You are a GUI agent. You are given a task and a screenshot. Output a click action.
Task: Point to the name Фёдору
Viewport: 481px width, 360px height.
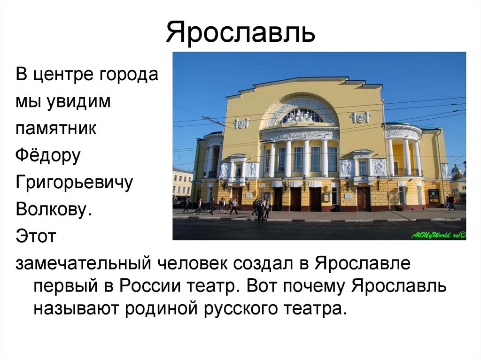pyautogui.click(x=48, y=156)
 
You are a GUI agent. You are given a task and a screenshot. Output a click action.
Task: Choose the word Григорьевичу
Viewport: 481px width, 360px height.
pyautogui.click(x=74, y=183)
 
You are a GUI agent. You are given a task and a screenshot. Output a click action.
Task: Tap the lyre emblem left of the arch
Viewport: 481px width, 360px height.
pyautogui.click(x=241, y=123)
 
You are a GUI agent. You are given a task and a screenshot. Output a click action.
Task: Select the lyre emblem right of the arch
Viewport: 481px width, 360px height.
pyautogui.click(x=360, y=117)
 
